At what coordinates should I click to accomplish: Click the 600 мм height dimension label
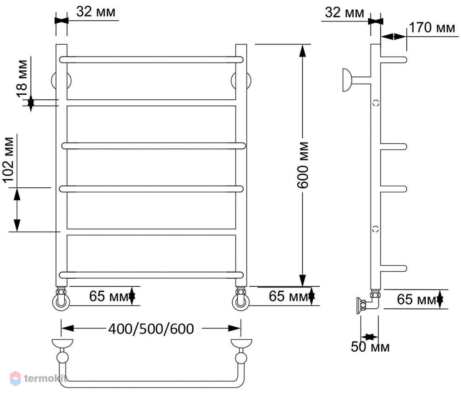click(x=303, y=165)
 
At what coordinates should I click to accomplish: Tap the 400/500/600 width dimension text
click(x=151, y=329)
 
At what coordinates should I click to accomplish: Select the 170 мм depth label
click(x=432, y=28)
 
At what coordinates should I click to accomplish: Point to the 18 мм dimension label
click(x=22, y=78)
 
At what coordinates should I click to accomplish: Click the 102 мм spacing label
click(x=8, y=160)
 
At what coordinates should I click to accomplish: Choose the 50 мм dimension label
click(x=370, y=347)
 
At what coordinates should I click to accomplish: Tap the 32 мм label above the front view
click(x=96, y=12)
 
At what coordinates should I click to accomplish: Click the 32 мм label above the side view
click(x=344, y=13)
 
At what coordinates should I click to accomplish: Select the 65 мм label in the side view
click(x=416, y=299)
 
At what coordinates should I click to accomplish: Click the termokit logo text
click(x=45, y=379)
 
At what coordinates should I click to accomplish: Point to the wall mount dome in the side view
click(x=347, y=80)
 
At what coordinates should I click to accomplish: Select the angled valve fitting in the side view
click(x=368, y=303)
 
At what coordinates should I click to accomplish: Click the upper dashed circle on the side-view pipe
click(x=376, y=103)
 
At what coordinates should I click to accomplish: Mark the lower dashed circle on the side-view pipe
click(x=375, y=228)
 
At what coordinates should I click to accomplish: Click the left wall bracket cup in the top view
click(x=62, y=343)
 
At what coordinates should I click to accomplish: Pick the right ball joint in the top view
click(x=241, y=358)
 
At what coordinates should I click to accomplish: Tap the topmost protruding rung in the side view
click(x=394, y=60)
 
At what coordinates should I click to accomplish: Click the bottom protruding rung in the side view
click(x=394, y=268)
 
